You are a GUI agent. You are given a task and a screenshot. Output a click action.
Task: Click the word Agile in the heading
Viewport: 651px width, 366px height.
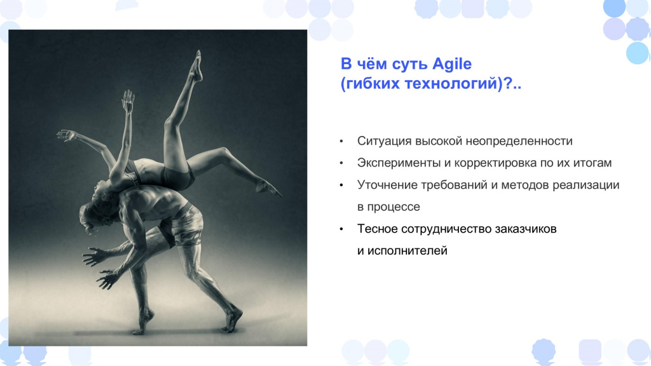pos(452,64)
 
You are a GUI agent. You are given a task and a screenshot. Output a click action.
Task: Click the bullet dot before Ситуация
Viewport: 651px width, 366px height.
pos(341,142)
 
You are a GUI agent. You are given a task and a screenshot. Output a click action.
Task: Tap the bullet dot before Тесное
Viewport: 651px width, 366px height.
pos(341,229)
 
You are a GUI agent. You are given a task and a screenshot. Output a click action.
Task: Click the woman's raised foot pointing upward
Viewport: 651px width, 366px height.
pos(197,65)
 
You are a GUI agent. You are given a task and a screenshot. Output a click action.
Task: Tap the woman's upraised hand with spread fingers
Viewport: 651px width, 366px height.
pos(128,101)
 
